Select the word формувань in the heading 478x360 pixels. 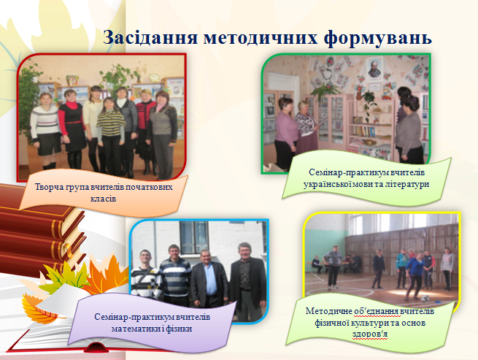pyautogui.click(x=378, y=39)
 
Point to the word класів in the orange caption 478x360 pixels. pyautogui.click(x=104, y=199)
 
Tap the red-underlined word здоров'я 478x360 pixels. pyautogui.click(x=370, y=334)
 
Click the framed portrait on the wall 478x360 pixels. pyautogui.click(x=374, y=69)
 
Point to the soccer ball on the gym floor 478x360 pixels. pyautogui.click(x=425, y=299)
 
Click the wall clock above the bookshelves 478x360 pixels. pyautogui.click(x=154, y=77)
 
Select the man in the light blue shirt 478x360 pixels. pyautogui.click(x=209, y=278)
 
